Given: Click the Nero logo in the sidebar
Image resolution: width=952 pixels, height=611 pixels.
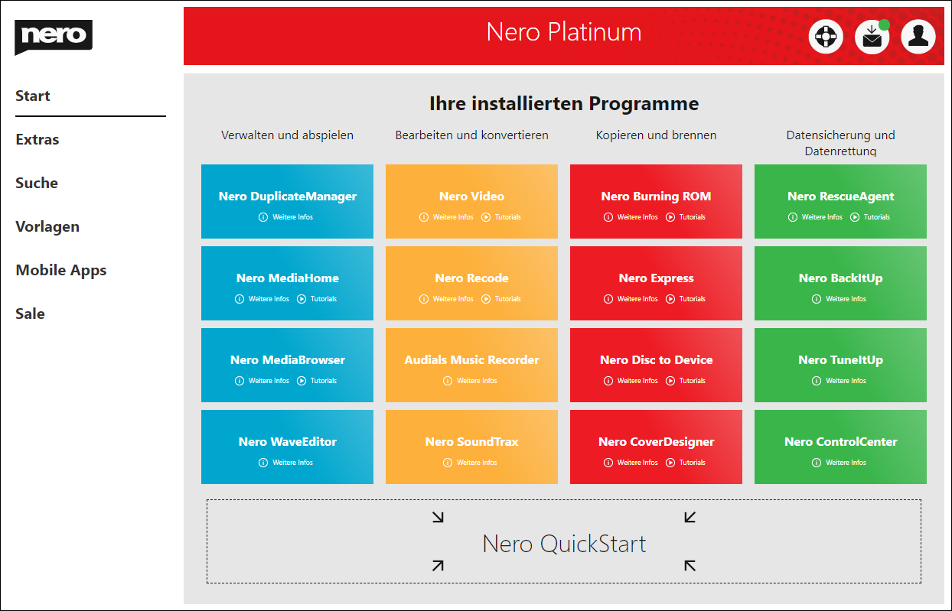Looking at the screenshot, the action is [x=54, y=37].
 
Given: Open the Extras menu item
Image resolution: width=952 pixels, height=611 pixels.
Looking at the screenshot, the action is [x=37, y=139].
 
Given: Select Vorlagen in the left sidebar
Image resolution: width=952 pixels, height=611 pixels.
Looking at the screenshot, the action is [x=47, y=226].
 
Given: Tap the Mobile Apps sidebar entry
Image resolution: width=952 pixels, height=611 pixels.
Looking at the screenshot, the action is [x=61, y=270].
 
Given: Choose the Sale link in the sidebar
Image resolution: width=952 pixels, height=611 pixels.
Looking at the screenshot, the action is [x=30, y=314].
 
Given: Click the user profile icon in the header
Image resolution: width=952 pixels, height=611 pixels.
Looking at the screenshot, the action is [x=918, y=37].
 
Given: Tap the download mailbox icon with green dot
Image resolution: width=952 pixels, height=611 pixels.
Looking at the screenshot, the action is [x=872, y=37].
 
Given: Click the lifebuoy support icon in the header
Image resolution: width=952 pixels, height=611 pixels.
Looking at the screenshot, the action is [x=826, y=37].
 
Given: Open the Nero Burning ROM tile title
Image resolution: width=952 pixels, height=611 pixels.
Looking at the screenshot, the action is [x=656, y=197].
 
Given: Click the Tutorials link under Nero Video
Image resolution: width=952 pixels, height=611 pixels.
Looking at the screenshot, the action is [x=501, y=217].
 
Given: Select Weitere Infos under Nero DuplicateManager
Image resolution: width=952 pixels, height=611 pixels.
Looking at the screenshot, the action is [x=285, y=217].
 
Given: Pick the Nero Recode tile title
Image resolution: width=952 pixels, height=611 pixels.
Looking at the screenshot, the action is [x=471, y=278].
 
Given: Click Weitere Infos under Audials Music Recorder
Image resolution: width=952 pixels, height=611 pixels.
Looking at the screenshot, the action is [x=470, y=381].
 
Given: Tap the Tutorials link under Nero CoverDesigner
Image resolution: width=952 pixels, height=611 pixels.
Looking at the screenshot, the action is [x=686, y=463].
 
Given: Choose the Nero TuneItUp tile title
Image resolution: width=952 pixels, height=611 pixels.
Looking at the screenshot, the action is [x=840, y=360].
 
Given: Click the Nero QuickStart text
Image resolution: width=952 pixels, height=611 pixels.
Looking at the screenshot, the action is [x=564, y=544].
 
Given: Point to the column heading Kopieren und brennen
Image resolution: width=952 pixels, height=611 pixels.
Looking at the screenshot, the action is [x=656, y=135].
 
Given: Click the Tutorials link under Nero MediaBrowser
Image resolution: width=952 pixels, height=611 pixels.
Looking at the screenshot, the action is [x=317, y=381].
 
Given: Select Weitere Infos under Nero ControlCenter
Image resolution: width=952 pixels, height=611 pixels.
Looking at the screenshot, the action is [x=839, y=463].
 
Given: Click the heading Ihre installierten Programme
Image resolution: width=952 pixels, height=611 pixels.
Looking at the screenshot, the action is [x=564, y=103].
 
